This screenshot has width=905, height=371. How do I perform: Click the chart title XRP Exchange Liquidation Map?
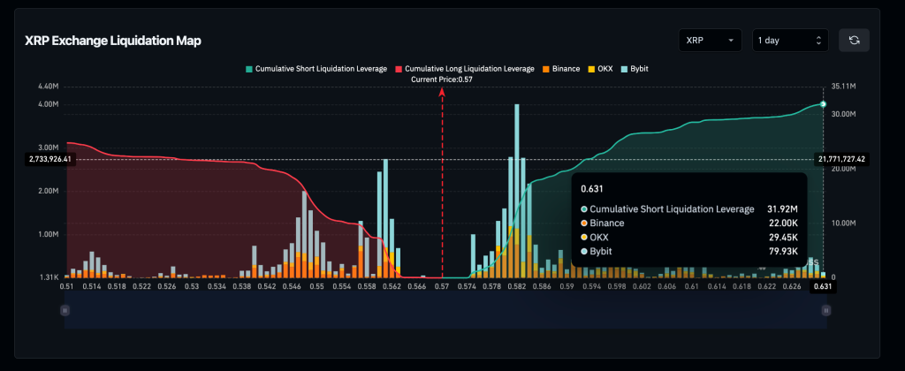112,42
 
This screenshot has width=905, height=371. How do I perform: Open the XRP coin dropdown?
710,40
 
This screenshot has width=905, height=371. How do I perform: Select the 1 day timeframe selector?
789,40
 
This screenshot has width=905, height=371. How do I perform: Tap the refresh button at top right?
854,40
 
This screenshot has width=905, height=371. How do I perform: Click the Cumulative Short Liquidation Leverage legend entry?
316,68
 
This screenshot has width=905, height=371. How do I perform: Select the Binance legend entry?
559,68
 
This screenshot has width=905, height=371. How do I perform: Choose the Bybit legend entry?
641,68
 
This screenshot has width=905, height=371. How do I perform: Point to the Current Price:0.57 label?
442,79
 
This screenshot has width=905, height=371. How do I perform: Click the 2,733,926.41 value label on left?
49,159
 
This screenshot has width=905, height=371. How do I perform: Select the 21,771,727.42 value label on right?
840,159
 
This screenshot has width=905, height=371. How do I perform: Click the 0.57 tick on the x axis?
441,287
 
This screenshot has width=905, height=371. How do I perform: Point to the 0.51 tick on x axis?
67,287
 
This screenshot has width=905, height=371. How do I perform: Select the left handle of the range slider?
64,310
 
